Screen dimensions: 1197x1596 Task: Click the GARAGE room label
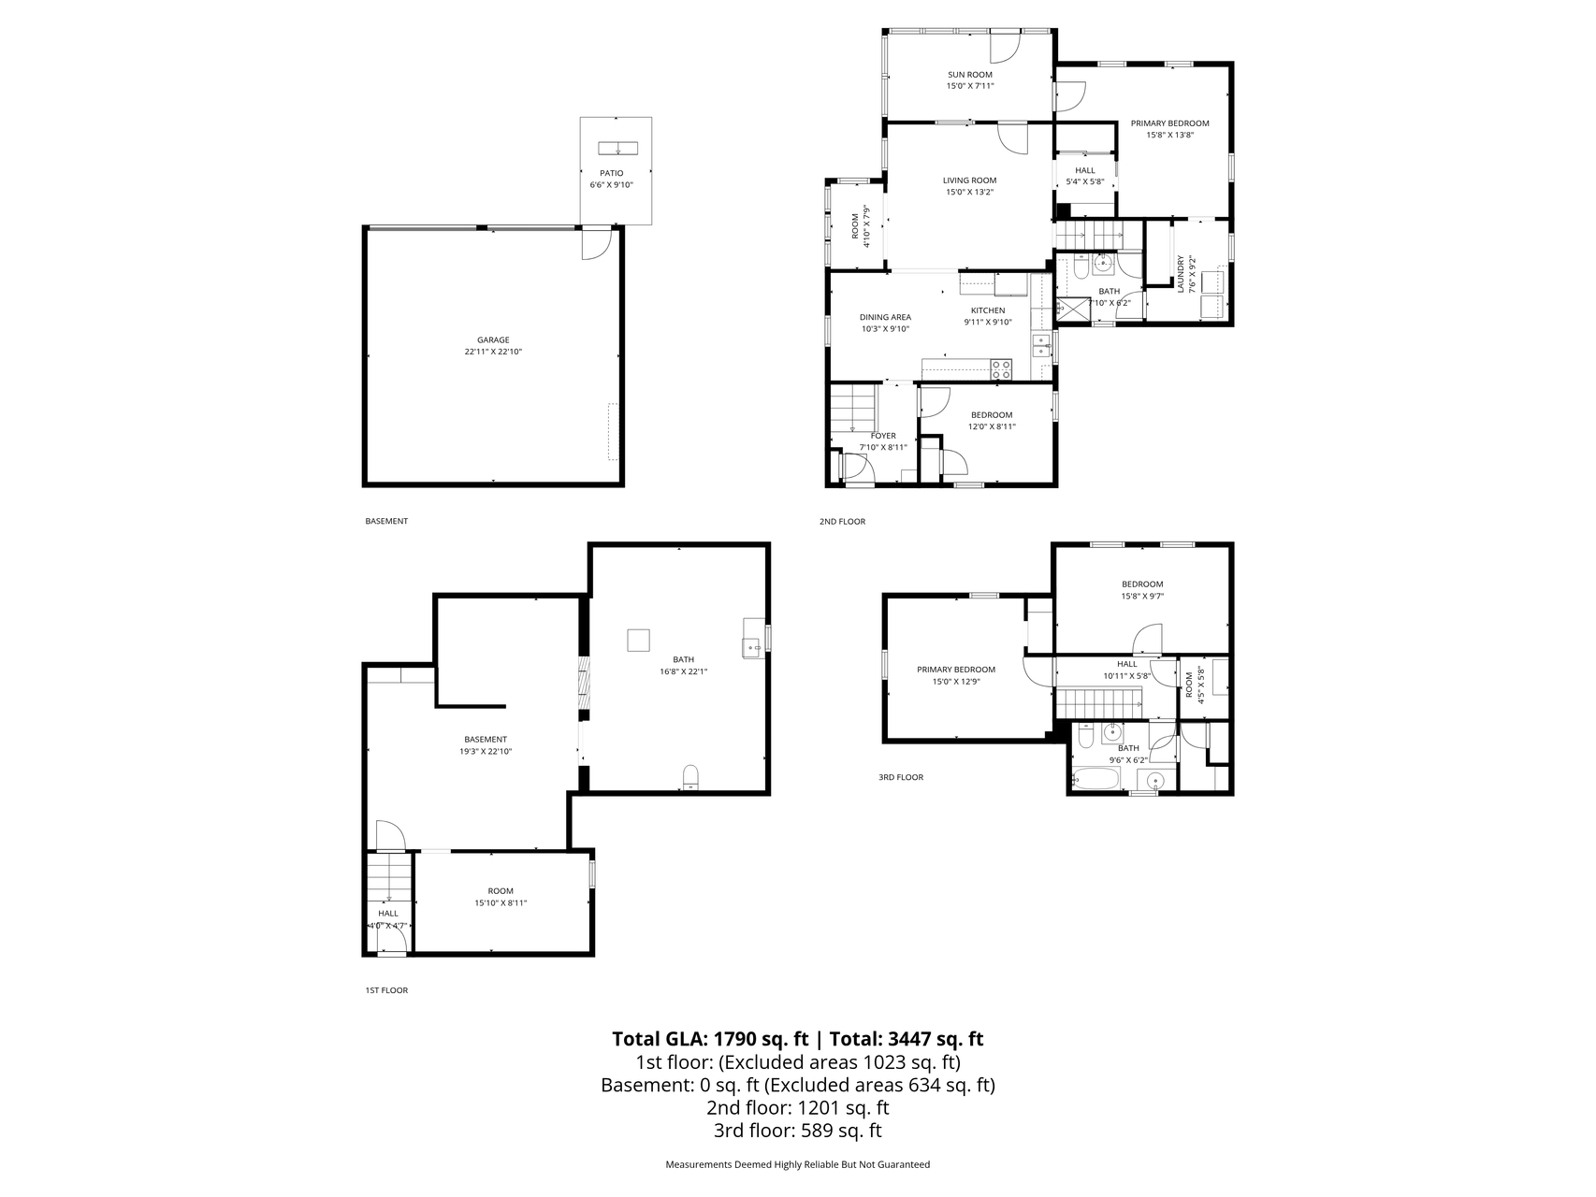[x=493, y=340]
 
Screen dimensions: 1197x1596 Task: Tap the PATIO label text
[x=611, y=173]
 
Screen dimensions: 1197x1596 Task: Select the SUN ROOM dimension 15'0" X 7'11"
[x=969, y=86]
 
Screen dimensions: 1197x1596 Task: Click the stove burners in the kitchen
[x=1001, y=369]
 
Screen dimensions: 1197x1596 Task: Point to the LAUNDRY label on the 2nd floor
[x=1181, y=274]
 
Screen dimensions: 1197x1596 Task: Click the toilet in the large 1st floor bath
[x=690, y=776]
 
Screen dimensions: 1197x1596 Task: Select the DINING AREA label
[x=885, y=317]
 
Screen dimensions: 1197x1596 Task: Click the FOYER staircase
[x=854, y=409]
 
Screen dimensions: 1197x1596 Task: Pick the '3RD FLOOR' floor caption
[x=900, y=777]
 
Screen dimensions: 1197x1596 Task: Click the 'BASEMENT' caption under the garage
[x=386, y=521]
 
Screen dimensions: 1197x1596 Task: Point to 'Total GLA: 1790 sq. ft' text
[x=709, y=1038]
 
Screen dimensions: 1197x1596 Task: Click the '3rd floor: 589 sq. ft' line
[x=797, y=1131]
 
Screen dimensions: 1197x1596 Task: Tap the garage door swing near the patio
[x=595, y=244]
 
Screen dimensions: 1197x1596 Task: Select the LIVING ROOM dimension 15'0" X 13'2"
[x=969, y=192]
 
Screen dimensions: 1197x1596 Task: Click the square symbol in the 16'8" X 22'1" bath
[x=638, y=640]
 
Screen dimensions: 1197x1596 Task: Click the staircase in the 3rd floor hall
[x=1100, y=700]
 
